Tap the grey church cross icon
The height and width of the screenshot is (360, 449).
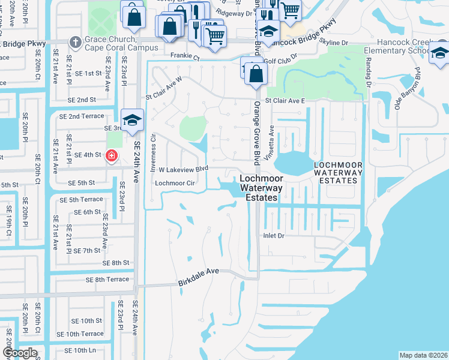point(75,42)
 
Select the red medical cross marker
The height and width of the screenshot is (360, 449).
point(111,156)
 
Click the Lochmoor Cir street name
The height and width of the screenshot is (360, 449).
point(175,183)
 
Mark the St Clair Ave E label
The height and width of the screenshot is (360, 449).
point(286,101)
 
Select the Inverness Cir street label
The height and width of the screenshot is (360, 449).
point(153,151)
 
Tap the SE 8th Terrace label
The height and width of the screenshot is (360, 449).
point(107,280)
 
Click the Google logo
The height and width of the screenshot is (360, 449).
point(20,352)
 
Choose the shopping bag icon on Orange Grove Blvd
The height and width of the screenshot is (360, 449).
point(256,75)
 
